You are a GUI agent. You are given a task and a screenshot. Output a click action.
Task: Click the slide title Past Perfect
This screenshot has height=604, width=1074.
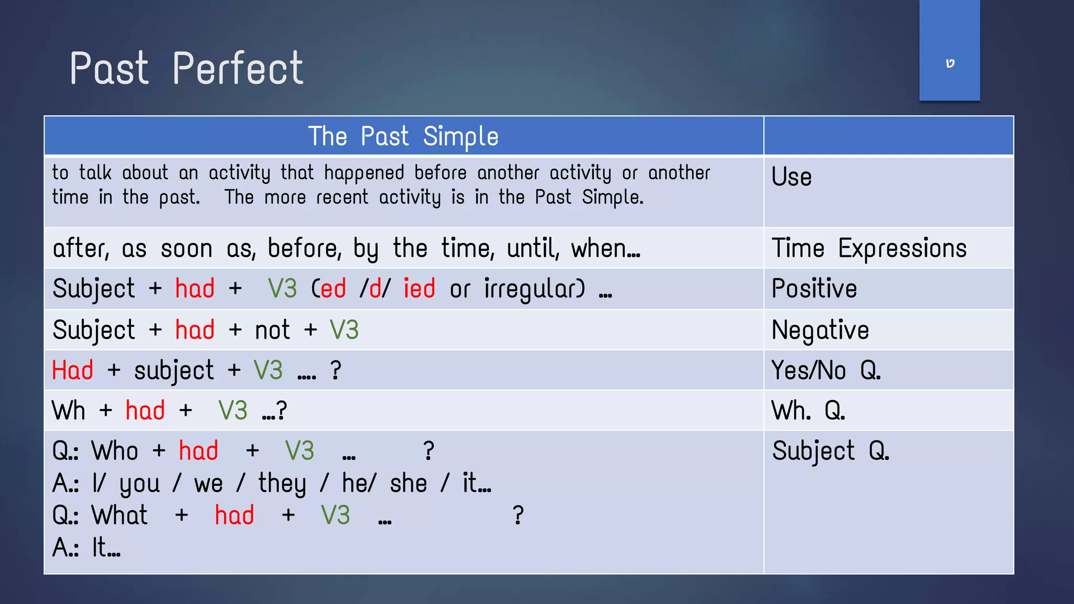click(186, 69)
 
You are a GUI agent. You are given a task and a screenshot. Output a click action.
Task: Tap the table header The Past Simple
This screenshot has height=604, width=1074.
click(403, 136)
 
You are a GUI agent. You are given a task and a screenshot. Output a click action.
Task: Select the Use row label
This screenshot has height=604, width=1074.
click(791, 177)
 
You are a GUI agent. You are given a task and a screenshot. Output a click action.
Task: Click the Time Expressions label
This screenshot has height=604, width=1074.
click(868, 248)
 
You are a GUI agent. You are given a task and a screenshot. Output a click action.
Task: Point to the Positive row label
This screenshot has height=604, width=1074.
click(814, 288)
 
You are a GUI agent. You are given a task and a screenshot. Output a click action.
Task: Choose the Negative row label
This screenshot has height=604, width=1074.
click(820, 330)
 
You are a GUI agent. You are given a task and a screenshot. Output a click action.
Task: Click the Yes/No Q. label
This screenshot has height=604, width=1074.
click(825, 370)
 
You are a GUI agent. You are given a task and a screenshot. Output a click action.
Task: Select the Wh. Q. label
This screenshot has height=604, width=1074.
click(808, 411)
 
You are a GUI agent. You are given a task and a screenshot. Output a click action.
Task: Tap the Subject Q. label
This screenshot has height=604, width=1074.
click(830, 451)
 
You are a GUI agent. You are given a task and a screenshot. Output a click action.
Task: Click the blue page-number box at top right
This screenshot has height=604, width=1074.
click(949, 51)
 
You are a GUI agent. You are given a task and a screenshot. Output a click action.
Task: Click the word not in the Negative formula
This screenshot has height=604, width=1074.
click(272, 330)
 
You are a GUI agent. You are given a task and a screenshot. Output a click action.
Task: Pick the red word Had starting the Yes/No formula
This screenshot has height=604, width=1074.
click(72, 370)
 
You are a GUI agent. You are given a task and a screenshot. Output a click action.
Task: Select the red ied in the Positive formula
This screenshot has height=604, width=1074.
click(419, 289)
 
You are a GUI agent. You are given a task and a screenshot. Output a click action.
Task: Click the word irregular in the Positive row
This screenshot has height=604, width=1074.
click(533, 289)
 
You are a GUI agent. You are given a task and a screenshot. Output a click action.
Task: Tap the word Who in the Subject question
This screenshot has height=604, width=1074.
click(114, 451)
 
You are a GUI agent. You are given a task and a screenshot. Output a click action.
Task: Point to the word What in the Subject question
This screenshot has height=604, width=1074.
click(120, 515)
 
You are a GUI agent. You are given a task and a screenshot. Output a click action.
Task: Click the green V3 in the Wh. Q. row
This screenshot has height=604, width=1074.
click(232, 411)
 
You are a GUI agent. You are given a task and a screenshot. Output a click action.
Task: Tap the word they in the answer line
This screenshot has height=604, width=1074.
click(282, 483)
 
